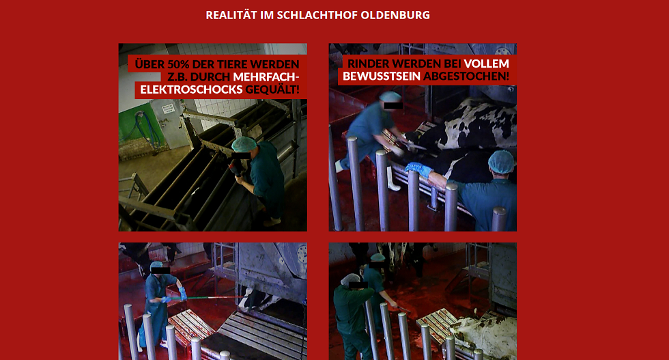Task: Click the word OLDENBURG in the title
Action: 395,15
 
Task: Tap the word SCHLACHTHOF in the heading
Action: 317,15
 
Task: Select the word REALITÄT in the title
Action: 231,15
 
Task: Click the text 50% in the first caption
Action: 178,64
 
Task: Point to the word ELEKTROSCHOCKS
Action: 191,89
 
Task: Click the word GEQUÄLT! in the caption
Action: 272,89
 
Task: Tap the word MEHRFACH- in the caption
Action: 266,77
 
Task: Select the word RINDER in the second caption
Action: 368,64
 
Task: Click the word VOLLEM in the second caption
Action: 486,64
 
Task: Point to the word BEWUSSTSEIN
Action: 382,77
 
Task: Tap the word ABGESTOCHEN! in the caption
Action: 466,77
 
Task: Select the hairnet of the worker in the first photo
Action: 244,144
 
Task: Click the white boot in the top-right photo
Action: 393,179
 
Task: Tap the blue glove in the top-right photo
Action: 419,169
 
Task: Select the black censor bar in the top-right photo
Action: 393,105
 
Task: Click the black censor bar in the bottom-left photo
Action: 160,271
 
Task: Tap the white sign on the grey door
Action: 168,109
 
